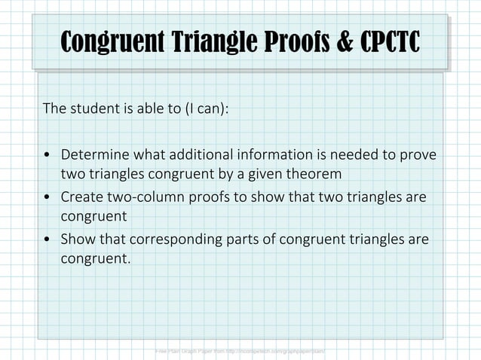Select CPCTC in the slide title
[388, 43]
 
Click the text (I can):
[204, 108]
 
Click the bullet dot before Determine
[47, 156]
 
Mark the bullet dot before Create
[47, 198]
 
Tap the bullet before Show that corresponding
[47, 240]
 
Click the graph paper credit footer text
[240, 351]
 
